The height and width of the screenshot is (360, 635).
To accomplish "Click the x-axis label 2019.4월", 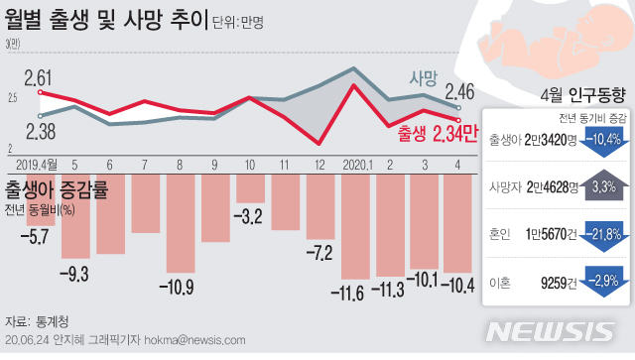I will tap(39, 164).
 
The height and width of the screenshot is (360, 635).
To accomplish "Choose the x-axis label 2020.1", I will tap(354, 164).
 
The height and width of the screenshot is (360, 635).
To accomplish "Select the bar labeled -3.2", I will tap(251, 188).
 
